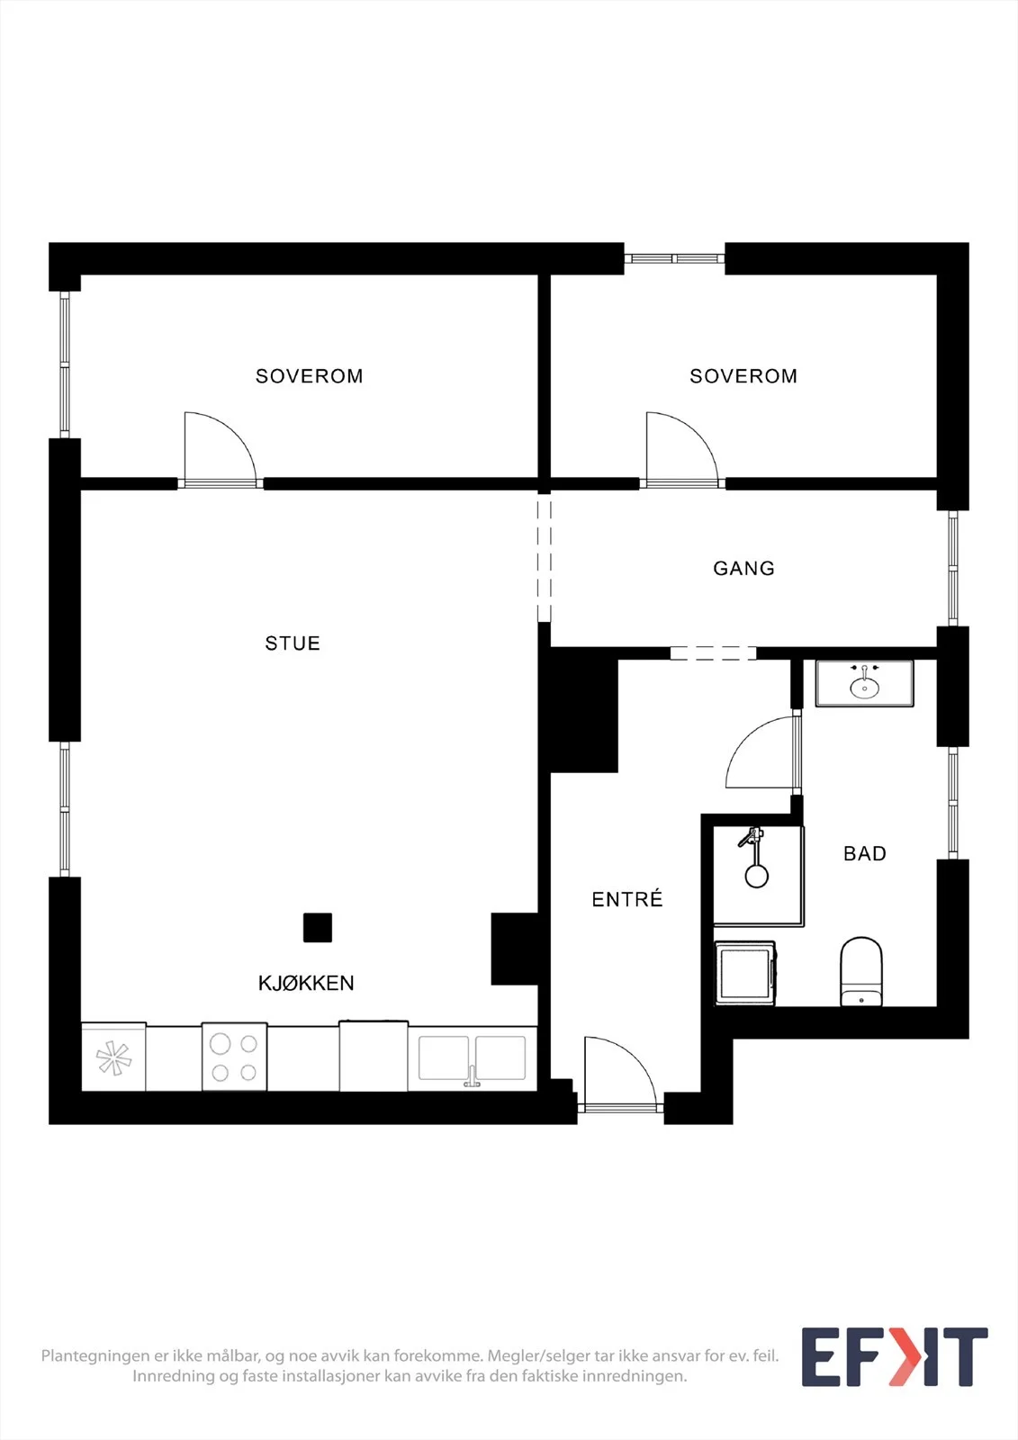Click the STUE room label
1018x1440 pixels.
[293, 643]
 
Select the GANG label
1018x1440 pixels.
[744, 568]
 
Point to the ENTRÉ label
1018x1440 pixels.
[627, 899]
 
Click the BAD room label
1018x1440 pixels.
[865, 854]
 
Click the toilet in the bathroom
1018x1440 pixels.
[861, 971]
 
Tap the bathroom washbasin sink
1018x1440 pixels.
[864, 684]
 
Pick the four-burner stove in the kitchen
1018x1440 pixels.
[234, 1057]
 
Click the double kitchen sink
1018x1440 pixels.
[472, 1057]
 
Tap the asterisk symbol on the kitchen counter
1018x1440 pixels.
[113, 1057]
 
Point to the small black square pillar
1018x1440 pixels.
[318, 928]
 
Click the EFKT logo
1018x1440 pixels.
[895, 1356]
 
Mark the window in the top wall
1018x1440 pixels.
[674, 258]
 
